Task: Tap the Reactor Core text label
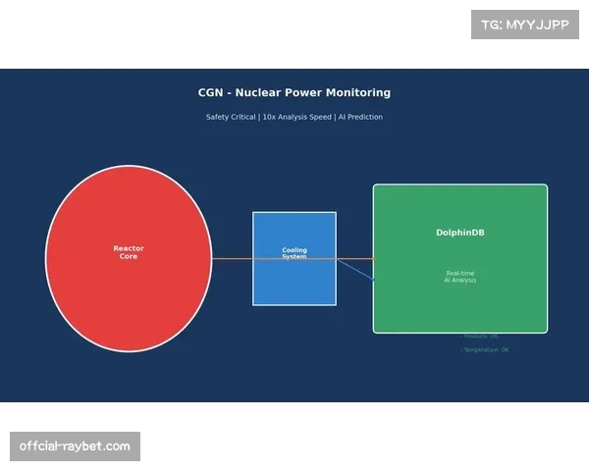[128, 252]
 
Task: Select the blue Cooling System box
[294, 285]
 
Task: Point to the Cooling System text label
[294, 253]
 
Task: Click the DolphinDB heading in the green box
[459, 233]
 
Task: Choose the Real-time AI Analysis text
[459, 277]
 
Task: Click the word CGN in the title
[211, 93]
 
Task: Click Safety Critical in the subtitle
[230, 117]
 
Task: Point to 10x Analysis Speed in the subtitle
[296, 117]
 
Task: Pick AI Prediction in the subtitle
[360, 117]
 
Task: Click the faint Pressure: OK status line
[480, 336]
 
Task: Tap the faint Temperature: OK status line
[486, 349]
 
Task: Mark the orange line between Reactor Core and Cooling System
[232, 259]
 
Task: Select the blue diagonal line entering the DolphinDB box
[355, 270]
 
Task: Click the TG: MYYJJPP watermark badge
[525, 25]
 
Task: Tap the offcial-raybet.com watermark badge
[75, 446]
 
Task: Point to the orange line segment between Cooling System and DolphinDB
[354, 259]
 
